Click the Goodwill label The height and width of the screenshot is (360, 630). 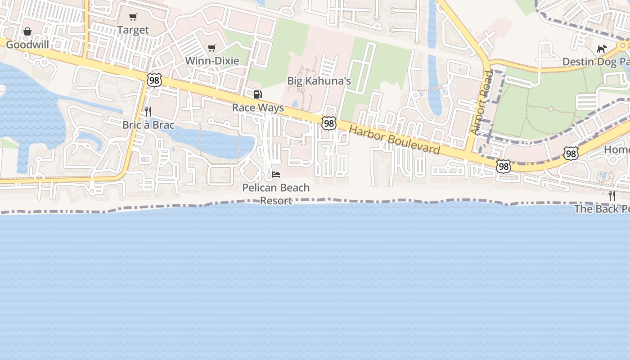[x=27, y=45]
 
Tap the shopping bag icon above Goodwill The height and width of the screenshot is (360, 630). [x=27, y=31]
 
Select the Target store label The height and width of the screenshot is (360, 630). [x=133, y=30]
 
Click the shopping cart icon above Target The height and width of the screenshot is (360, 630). [x=133, y=17]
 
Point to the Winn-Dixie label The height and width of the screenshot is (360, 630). [x=212, y=61]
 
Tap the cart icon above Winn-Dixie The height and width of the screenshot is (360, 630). [x=212, y=48]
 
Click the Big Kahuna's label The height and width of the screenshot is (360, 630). [x=319, y=81]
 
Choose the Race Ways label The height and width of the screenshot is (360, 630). [x=258, y=108]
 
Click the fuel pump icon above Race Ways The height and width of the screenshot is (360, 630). [x=258, y=94]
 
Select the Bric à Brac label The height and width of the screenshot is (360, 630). [x=148, y=125]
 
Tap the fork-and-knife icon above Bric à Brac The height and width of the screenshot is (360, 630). [x=148, y=112]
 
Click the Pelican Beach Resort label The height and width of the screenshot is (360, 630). [x=276, y=194]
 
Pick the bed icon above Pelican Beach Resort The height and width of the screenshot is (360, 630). [x=276, y=175]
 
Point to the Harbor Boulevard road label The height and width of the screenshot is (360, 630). [x=394, y=140]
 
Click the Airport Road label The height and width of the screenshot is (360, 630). [x=481, y=103]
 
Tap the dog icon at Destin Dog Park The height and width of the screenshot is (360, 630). [x=602, y=49]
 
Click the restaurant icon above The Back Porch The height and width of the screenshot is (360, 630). [x=612, y=196]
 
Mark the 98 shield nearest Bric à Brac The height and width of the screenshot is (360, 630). [x=154, y=80]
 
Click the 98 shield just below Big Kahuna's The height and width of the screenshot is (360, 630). [x=329, y=123]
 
